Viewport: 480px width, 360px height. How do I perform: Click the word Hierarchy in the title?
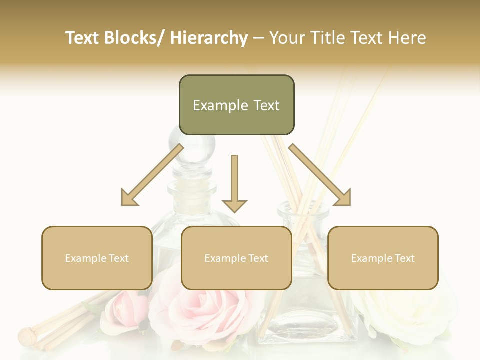point(209,38)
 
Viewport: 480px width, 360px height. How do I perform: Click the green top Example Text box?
point(236,105)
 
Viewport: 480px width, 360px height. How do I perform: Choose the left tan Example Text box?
point(97,258)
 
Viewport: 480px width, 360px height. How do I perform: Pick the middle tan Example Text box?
point(236,258)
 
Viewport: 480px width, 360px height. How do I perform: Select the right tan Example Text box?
point(383,258)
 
